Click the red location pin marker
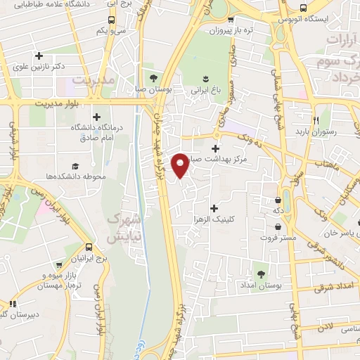pyautogui.click(x=181, y=165)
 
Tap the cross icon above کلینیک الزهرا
pyautogui.click(x=214, y=207)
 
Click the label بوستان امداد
pyautogui.click(x=260, y=286)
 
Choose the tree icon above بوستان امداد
pyautogui.click(x=261, y=274)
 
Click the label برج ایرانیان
pyautogui.click(x=89, y=259)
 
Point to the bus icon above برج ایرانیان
pyautogui.click(x=89, y=247)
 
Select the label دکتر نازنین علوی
pyautogui.click(x=39, y=67)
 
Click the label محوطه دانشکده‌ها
pyautogui.click(x=73, y=176)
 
